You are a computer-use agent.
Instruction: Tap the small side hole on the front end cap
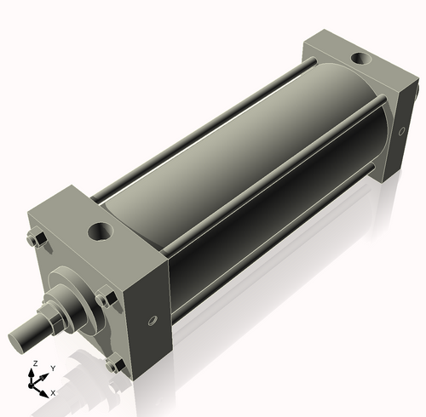pos(153,321)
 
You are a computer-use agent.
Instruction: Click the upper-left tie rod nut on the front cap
pos(35,241)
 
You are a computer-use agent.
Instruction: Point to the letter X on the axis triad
pos(53,393)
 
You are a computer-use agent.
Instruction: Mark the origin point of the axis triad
pos(35,385)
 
